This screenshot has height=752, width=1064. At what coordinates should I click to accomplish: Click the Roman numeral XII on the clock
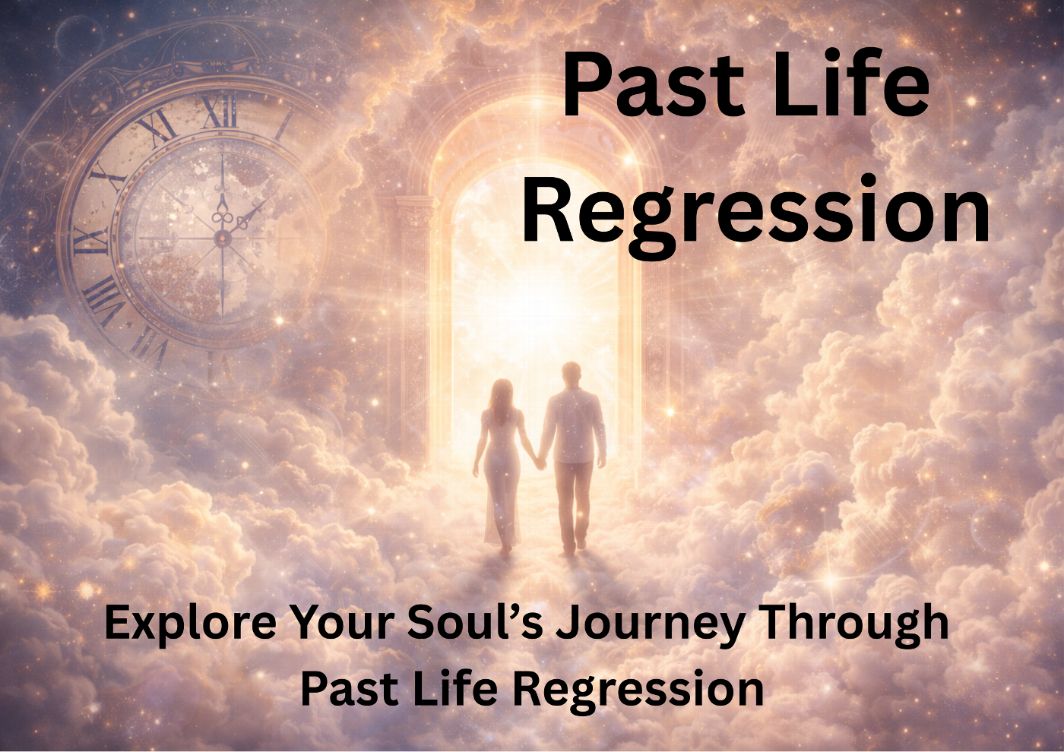pos(218,111)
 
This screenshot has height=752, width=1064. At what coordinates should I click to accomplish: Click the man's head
pos(571,375)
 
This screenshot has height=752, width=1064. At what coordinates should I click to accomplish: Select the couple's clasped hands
pos(540,462)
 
